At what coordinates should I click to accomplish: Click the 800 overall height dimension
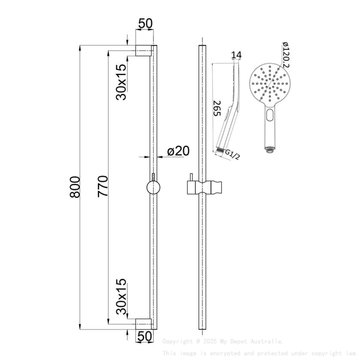(x=75, y=186)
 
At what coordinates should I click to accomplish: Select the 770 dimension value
(x=103, y=186)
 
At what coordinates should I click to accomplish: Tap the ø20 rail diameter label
(x=178, y=151)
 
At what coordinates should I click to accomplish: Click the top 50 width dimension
(x=145, y=24)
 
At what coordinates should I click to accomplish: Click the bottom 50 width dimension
(x=145, y=336)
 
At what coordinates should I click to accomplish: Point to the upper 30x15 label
(x=122, y=82)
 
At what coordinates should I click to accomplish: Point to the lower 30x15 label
(x=122, y=296)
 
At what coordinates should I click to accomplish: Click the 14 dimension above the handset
(x=237, y=55)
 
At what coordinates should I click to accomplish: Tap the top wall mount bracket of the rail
(x=143, y=50)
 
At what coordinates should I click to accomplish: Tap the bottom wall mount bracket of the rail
(x=143, y=324)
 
